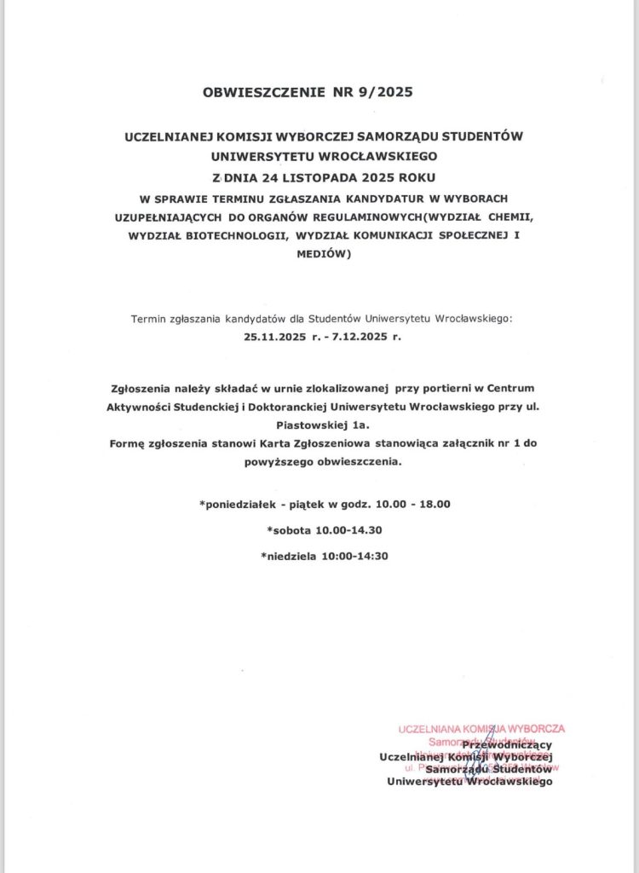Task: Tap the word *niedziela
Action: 287,557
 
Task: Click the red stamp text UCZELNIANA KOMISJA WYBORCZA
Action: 481,730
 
